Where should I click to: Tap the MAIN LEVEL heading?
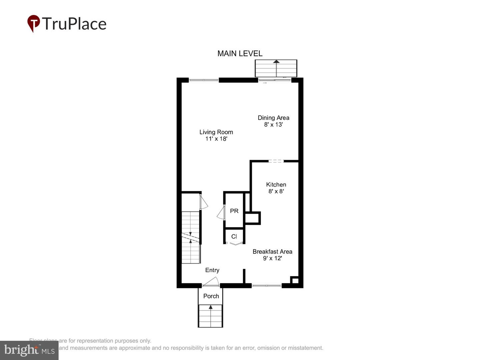coord(240,53)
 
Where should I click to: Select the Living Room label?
coord(216,132)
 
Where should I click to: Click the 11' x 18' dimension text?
coord(216,139)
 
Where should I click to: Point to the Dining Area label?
coord(273,118)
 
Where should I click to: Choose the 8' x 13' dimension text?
coord(273,125)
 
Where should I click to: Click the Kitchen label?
coord(276,184)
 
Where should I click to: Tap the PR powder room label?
coord(234,211)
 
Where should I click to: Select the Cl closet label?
coord(234,236)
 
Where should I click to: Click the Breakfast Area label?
coord(272,252)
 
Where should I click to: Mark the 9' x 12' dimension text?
coord(272,258)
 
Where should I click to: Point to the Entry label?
coord(212,270)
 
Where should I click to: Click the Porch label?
coord(211,296)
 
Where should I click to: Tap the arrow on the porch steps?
coord(210,307)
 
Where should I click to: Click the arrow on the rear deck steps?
coord(276,62)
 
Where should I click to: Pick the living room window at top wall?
coord(204,80)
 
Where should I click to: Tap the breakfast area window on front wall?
coord(267,285)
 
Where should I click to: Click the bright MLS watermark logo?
coord(29,350)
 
